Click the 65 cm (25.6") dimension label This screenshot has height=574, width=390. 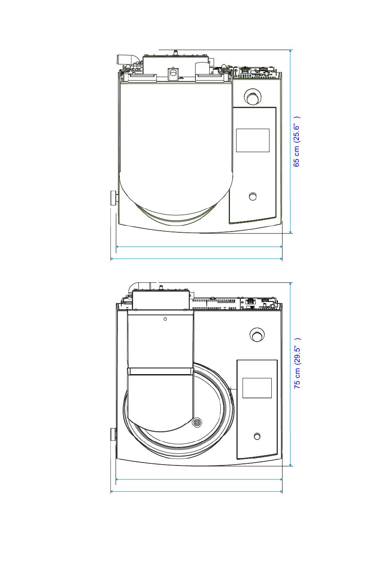(x=296, y=142)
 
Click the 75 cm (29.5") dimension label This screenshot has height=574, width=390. (x=297, y=363)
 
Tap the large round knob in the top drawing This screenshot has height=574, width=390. (x=252, y=97)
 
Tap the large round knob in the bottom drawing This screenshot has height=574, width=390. (x=257, y=335)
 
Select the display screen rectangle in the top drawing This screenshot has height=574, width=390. (x=252, y=141)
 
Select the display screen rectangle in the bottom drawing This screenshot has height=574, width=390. (x=257, y=388)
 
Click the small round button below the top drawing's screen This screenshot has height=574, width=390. (x=253, y=197)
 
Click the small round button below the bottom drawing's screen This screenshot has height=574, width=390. (x=257, y=436)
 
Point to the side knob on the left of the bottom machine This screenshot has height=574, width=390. (x=113, y=434)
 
